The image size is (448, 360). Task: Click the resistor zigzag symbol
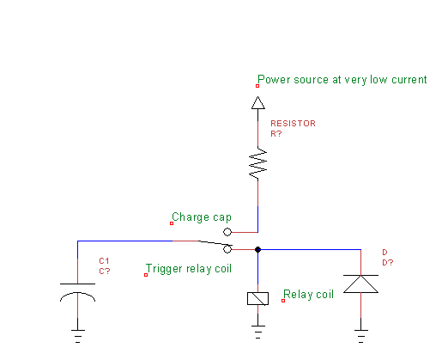[x=257, y=164]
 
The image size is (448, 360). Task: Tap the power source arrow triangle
[x=257, y=103]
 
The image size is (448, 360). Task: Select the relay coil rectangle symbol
[x=257, y=298]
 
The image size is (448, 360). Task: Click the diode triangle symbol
[x=360, y=284]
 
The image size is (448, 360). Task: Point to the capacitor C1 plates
[x=77, y=292]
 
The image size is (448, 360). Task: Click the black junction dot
[x=257, y=249]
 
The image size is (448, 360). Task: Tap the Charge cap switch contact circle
[x=227, y=232]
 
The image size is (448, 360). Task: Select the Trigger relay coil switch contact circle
[x=227, y=249]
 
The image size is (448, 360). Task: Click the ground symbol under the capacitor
[x=77, y=336]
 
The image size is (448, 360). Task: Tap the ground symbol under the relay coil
[x=257, y=332]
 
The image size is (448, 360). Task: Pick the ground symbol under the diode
[x=360, y=336]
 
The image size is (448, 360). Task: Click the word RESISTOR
[x=293, y=124]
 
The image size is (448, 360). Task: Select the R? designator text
[x=276, y=134]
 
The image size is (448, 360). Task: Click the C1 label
[x=104, y=261]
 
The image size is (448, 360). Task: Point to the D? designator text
[x=388, y=263]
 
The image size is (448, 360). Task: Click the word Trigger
[x=164, y=269]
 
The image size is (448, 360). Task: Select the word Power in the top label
[x=274, y=79]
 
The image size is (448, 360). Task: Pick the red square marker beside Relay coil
[x=283, y=301]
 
